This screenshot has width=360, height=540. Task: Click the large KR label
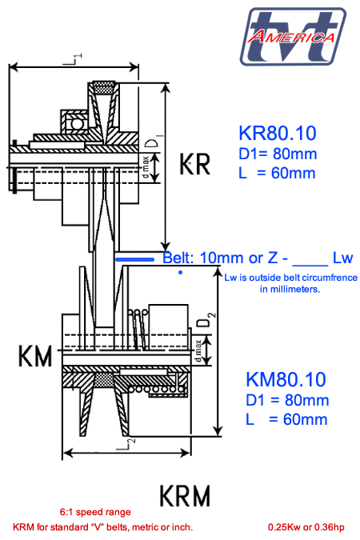(x=194, y=165)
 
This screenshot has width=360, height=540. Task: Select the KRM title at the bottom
(x=185, y=495)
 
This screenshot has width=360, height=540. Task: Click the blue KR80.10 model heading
(x=277, y=133)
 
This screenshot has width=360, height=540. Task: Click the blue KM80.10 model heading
(x=286, y=379)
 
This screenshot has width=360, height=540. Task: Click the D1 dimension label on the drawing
(x=152, y=144)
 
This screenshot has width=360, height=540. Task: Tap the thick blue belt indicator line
(x=137, y=259)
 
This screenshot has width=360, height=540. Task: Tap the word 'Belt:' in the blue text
(x=182, y=258)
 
